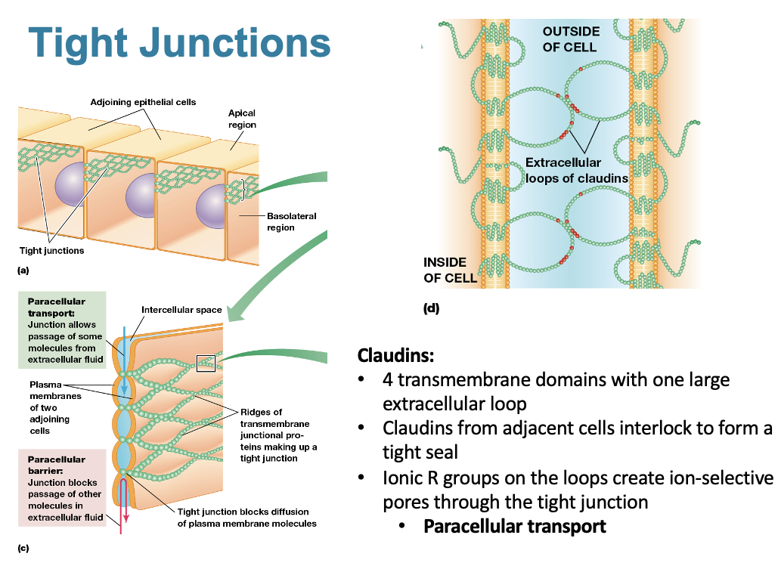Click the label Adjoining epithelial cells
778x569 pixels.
click(x=143, y=101)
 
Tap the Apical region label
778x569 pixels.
click(x=242, y=119)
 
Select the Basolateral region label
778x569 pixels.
click(x=291, y=221)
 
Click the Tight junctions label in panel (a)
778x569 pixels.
click(x=51, y=250)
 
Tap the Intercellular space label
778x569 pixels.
click(x=181, y=310)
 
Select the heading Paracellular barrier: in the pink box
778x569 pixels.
click(x=57, y=464)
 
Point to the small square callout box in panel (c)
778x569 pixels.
click(x=206, y=363)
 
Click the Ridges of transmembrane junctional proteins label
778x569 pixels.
click(x=278, y=435)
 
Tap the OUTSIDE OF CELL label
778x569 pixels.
click(x=571, y=39)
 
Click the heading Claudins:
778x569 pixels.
click(x=395, y=355)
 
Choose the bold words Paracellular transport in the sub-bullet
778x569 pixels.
click(x=514, y=526)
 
